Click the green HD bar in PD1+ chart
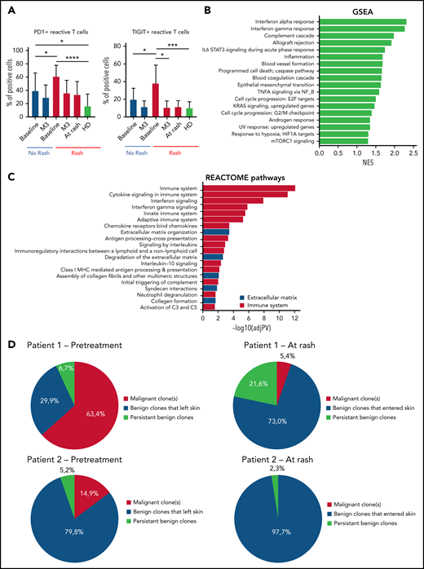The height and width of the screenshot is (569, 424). coord(87,114)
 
